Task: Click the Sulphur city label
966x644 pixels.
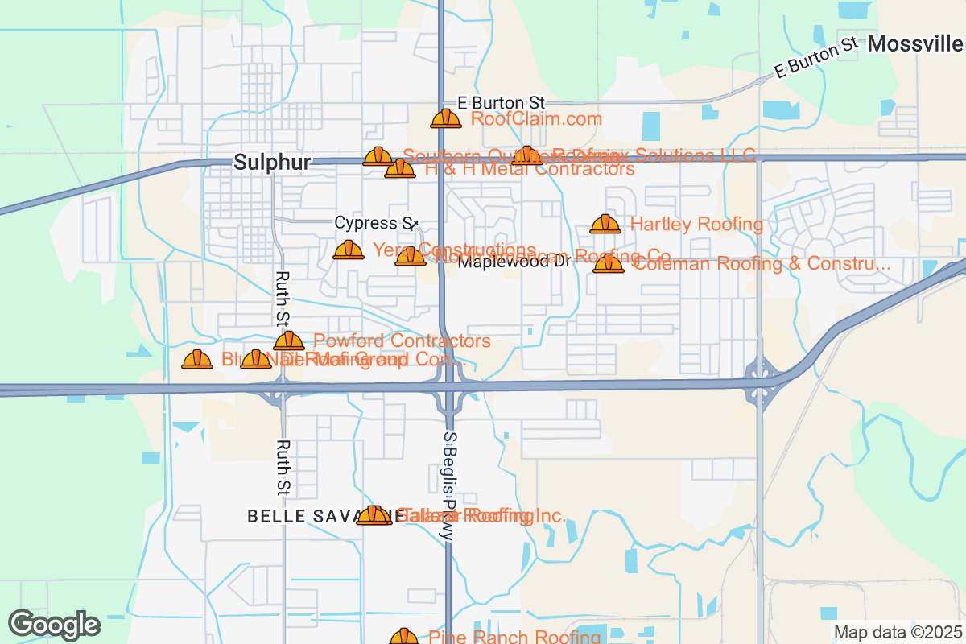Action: tap(272, 163)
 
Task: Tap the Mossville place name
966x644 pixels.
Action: tap(915, 43)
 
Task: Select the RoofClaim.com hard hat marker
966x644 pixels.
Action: tap(446, 119)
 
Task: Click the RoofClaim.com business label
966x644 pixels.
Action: tap(536, 119)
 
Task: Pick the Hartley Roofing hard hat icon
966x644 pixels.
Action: tap(605, 225)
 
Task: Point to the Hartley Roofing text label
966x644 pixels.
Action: tap(696, 225)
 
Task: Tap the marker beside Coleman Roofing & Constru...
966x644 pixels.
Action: tap(609, 264)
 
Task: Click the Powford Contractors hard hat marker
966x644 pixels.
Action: tap(289, 342)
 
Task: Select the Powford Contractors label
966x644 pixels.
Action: tap(402, 341)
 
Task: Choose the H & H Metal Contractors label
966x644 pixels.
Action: tap(530, 170)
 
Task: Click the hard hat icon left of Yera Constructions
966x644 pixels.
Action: tap(349, 250)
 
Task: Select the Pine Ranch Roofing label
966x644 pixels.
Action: tap(514, 638)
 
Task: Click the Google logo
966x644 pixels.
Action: tap(55, 625)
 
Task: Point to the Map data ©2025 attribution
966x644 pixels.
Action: tap(897, 633)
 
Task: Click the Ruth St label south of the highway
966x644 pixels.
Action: tap(283, 467)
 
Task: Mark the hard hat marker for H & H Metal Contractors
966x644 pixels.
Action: tap(400, 169)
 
